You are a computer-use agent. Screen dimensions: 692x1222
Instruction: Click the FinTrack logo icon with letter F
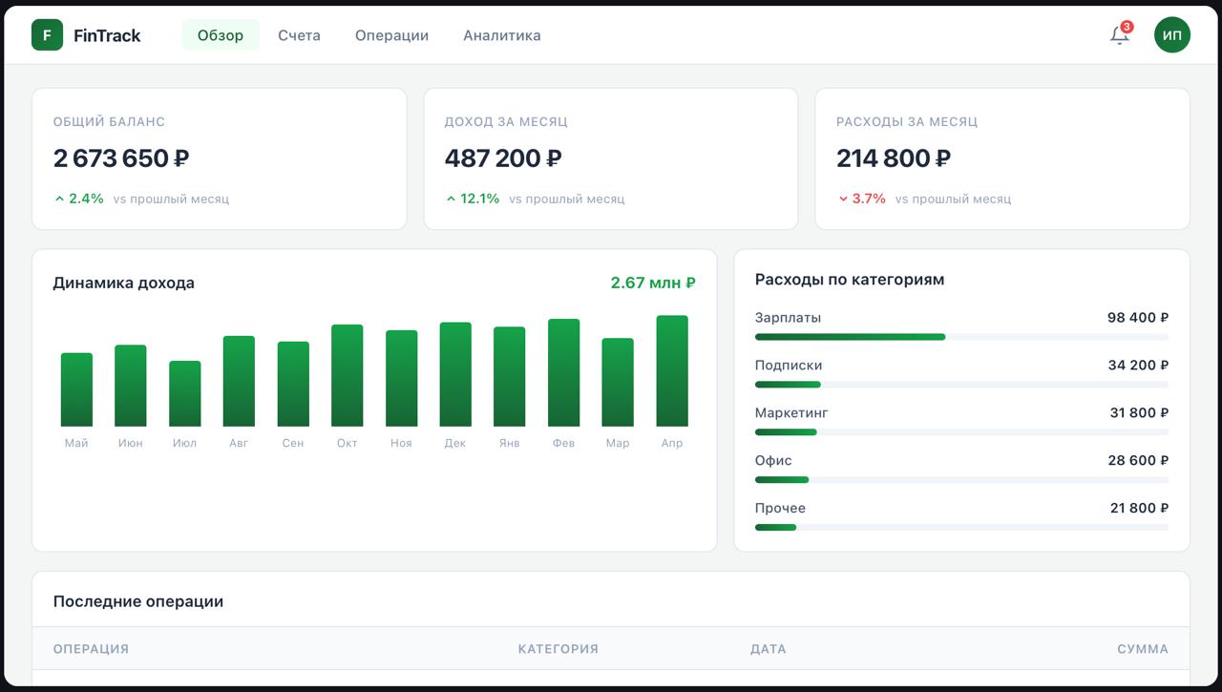47,35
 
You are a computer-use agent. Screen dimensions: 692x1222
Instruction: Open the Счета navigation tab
299,35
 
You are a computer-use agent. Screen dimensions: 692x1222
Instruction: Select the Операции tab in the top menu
391,35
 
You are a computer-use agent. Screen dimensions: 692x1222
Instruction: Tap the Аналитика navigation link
501,35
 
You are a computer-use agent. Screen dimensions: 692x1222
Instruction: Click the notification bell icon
1119,35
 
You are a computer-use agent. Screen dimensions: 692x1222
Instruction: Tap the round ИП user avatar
1171,35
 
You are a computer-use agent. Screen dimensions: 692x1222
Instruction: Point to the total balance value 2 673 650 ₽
121,158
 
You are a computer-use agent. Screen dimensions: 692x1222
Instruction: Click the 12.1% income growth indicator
473,199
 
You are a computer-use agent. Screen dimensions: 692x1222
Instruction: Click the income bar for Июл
185,393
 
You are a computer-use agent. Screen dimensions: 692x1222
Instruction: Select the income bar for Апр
672,370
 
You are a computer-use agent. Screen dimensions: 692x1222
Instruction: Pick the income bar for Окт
348,375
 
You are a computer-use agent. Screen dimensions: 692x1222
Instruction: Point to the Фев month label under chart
563,443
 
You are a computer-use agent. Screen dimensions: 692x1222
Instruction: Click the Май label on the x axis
76,443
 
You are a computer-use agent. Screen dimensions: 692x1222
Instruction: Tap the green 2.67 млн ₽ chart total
652,283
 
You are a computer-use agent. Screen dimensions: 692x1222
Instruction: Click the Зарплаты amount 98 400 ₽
1137,318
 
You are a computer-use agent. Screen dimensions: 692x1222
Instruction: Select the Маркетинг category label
791,413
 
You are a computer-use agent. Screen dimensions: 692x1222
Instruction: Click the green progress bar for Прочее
775,527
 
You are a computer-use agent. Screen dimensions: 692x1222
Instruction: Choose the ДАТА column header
768,649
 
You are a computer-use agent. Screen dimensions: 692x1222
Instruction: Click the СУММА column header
1142,649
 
